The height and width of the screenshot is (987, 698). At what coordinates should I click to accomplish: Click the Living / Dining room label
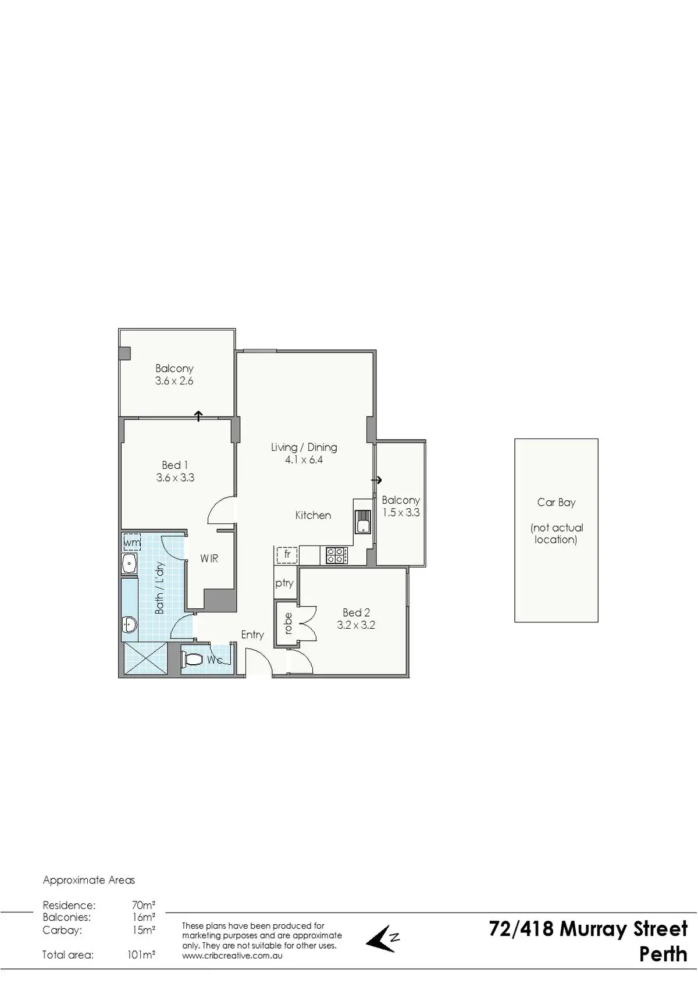tap(304, 447)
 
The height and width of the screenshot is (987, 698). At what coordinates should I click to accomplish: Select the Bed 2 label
tap(356, 612)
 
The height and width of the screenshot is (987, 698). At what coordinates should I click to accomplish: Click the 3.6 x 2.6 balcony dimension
tap(174, 381)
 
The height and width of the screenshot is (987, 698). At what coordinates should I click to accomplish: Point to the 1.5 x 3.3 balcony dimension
tap(401, 513)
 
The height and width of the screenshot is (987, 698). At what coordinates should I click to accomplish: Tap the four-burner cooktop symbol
tap(337, 555)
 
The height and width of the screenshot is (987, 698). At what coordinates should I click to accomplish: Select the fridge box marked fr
tap(287, 555)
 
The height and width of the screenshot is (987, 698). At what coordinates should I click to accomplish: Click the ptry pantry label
tap(284, 583)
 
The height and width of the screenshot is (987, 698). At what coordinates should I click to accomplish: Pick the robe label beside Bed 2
tap(288, 623)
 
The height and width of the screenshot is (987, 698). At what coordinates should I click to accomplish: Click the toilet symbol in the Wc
tap(191, 660)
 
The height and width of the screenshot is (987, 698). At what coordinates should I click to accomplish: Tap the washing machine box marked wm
tap(132, 543)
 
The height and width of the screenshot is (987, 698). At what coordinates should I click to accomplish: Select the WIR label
tap(209, 559)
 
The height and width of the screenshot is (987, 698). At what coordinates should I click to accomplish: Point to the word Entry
tap(252, 635)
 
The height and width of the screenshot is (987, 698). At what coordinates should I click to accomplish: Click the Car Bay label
tap(556, 503)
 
